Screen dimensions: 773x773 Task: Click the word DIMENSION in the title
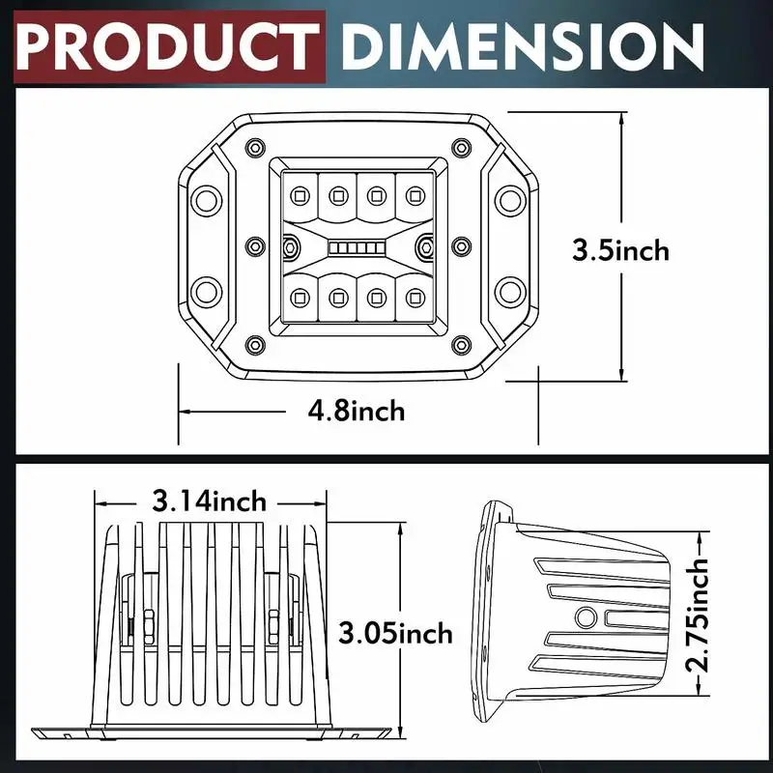[x=522, y=46]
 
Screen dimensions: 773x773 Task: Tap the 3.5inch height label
[x=620, y=250]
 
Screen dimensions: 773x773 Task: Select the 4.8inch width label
[x=356, y=411]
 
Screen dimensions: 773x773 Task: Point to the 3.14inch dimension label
[x=209, y=501]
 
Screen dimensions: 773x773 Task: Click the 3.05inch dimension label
[x=395, y=633]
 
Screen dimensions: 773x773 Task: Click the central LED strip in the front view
[x=357, y=247]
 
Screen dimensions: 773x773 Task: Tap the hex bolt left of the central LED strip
[x=291, y=246]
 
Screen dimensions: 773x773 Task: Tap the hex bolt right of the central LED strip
[x=425, y=246]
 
